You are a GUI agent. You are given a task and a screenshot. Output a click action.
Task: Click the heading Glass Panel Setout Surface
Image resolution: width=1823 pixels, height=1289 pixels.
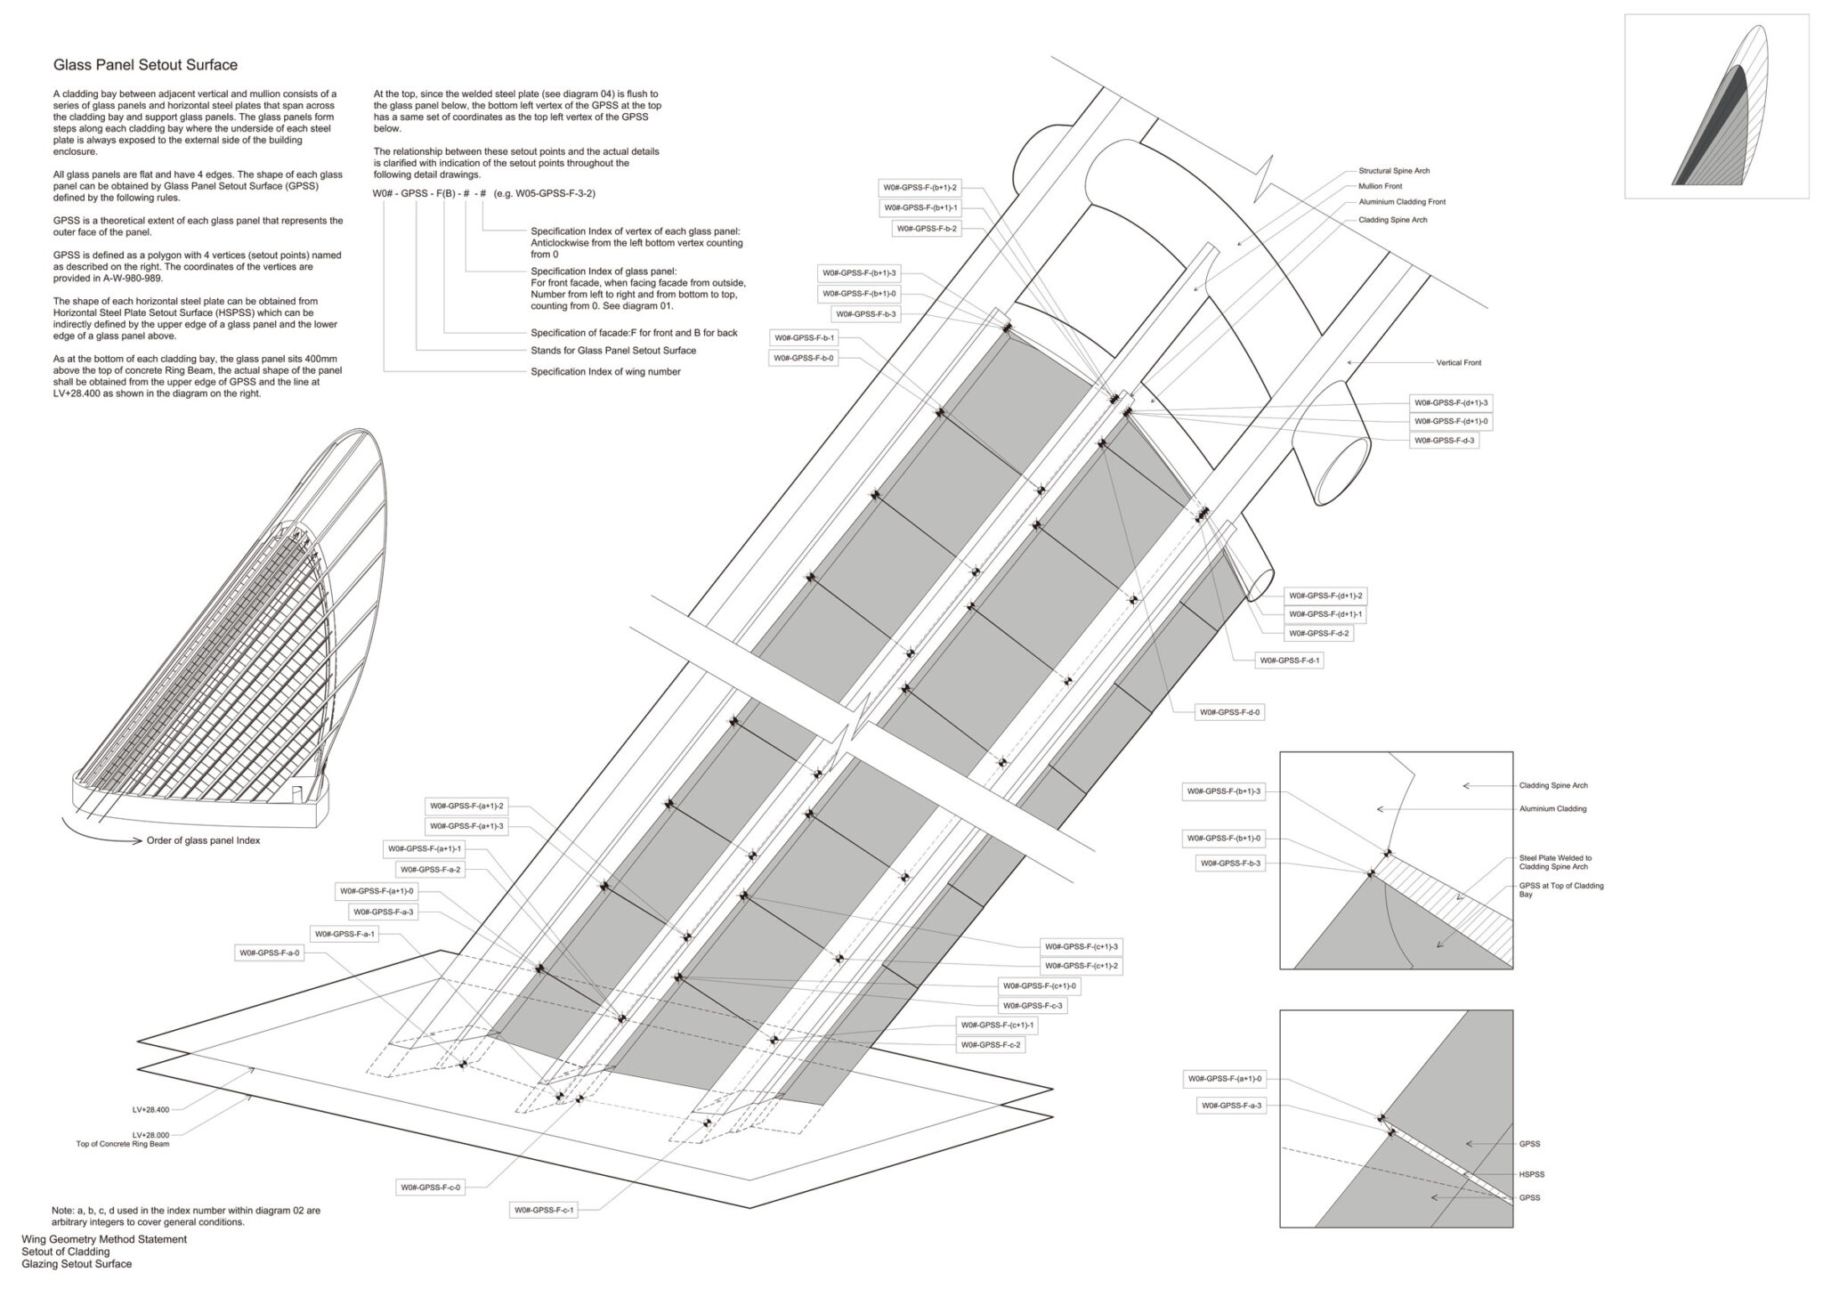[x=145, y=65]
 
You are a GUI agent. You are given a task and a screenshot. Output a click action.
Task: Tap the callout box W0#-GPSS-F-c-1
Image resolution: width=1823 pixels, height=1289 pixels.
[x=544, y=1210]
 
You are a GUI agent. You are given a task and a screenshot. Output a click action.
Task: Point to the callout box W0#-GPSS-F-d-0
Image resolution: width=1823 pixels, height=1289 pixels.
[x=1230, y=712]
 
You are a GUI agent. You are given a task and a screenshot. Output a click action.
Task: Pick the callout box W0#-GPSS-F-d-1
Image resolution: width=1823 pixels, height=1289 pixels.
[x=1290, y=661]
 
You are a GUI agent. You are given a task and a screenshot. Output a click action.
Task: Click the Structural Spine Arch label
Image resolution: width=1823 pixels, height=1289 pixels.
[x=1394, y=171]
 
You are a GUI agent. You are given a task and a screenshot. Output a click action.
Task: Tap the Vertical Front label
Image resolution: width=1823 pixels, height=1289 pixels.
[x=1458, y=363]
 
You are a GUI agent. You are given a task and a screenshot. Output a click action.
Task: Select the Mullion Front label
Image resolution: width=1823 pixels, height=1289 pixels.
[x=1380, y=187]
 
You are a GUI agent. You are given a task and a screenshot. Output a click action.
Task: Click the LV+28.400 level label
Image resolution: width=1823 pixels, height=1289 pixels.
[x=150, y=1109]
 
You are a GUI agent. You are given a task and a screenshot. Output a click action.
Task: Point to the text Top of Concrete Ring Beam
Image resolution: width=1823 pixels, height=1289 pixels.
[x=123, y=1144]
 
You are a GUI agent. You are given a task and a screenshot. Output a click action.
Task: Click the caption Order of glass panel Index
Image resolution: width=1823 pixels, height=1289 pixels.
[x=203, y=840]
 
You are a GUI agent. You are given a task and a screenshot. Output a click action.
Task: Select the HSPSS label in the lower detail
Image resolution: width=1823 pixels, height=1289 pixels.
[x=1532, y=1174]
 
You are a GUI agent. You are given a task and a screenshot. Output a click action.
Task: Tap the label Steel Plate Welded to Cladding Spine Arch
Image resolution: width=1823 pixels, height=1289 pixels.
[x=1554, y=862]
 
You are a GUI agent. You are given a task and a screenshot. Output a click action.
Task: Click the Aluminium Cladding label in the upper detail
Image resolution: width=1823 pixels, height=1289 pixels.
[x=1552, y=809]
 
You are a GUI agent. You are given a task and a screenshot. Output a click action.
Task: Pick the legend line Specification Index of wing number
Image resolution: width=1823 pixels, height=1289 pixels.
[x=605, y=372]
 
